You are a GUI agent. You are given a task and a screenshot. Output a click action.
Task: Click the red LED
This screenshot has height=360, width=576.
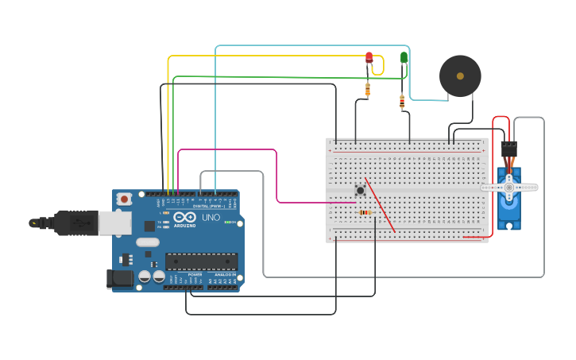369,57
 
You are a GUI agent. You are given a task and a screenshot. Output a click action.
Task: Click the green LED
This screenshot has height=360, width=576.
404,57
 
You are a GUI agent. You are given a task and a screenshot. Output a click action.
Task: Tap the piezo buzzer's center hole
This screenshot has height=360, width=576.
460,76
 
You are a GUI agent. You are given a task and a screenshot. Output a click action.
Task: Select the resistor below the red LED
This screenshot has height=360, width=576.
368,89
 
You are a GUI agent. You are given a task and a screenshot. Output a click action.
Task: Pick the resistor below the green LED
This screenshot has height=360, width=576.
402,101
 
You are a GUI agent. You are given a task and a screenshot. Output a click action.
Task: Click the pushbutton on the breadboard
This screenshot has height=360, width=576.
360,190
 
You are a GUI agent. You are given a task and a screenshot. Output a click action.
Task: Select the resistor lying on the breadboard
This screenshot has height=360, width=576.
365,212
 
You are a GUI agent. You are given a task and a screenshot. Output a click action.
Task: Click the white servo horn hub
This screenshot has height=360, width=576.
508,188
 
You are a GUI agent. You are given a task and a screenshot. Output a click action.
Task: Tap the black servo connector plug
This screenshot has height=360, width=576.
508,149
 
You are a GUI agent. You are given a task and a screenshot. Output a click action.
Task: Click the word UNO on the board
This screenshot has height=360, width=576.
211,217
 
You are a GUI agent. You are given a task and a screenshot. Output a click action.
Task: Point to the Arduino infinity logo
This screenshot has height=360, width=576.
184,217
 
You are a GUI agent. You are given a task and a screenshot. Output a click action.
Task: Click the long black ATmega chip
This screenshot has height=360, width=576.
201,261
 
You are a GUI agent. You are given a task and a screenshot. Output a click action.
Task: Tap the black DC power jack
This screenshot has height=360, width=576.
120,278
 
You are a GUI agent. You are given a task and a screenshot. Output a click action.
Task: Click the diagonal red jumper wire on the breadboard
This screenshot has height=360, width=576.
380,205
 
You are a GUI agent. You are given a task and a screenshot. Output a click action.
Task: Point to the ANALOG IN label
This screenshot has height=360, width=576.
224,275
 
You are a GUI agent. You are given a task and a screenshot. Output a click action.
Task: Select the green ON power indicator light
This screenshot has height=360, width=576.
228,223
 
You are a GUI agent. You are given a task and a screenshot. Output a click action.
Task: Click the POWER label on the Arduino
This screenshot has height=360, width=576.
195,275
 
